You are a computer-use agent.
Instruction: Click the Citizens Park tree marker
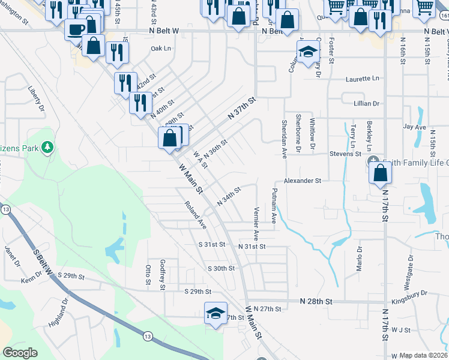click(47, 147)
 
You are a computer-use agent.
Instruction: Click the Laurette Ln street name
click(363, 79)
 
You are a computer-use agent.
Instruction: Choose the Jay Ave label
click(414, 127)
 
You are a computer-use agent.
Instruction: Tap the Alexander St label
click(303, 180)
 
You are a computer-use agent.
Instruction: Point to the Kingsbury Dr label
click(408, 293)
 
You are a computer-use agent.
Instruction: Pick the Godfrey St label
click(162, 275)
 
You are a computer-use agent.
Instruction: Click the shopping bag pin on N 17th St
click(381, 173)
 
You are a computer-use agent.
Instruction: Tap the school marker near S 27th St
click(215, 313)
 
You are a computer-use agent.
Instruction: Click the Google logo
click(20, 353)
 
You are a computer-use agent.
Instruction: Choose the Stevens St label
click(345, 154)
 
